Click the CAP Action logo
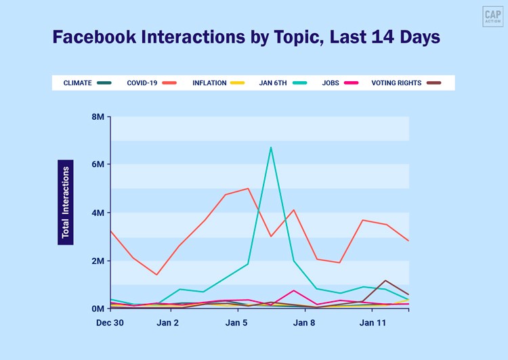click(492, 16)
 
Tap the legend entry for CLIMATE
click(87, 83)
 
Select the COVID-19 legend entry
click(151, 83)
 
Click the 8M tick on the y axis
click(98, 116)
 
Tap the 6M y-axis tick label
click(98, 164)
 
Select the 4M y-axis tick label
click(98, 212)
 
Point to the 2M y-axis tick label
click(98, 261)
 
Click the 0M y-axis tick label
click(98, 309)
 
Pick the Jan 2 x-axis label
click(168, 323)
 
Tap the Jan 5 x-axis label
click(236, 323)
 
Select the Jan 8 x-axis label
click(305, 323)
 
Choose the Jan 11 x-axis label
click(373, 323)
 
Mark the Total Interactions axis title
click(66, 202)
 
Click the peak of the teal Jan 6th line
click(271, 147)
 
